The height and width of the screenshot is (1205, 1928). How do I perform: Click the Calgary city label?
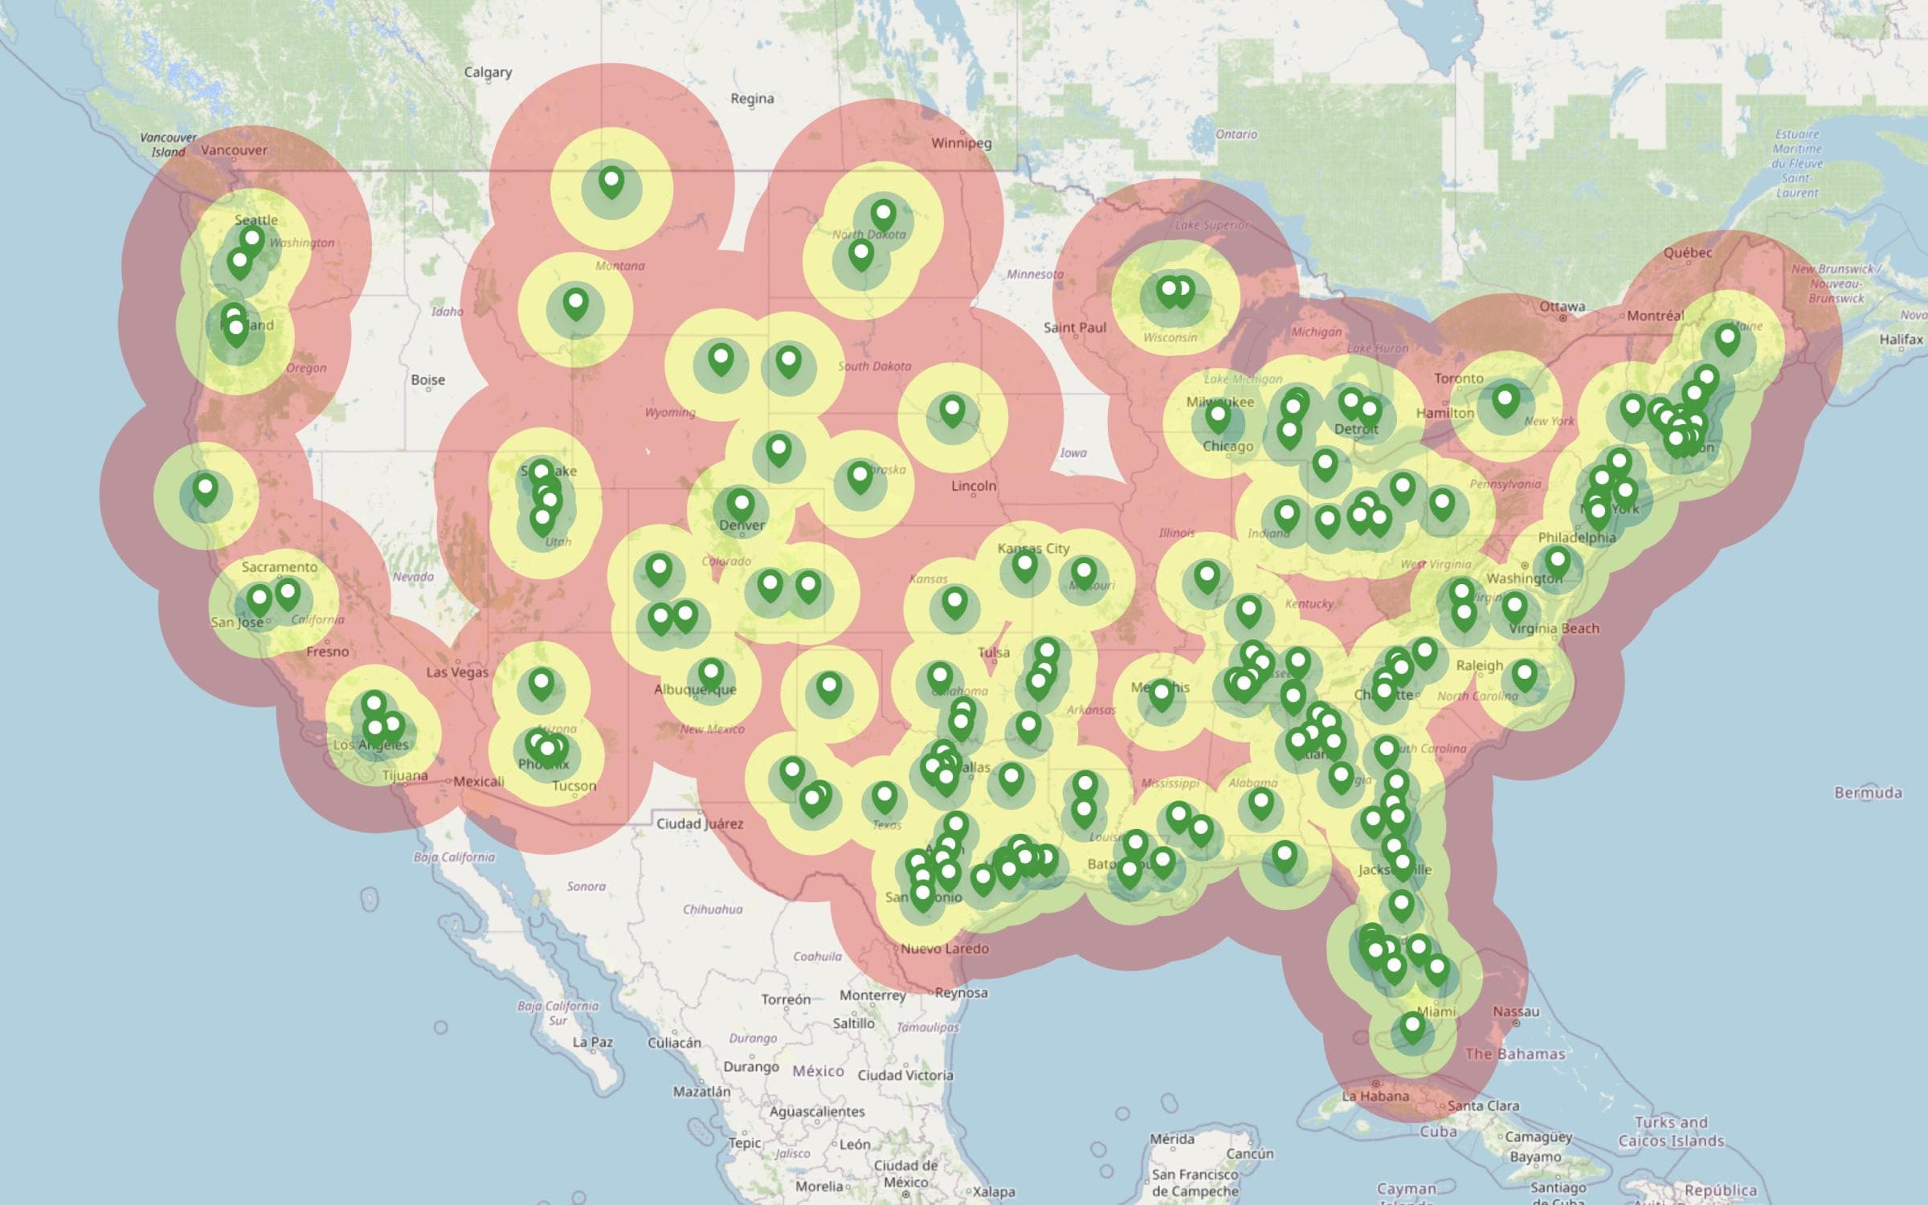point(488,72)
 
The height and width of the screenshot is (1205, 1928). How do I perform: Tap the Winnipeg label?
point(962,143)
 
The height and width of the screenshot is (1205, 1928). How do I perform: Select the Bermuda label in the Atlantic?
point(1868,793)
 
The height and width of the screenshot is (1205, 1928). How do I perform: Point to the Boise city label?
point(427,379)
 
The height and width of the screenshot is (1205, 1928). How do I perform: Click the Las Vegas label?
point(457,672)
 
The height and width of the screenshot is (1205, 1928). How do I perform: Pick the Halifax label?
point(1901,340)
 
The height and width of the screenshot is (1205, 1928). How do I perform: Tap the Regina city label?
point(752,99)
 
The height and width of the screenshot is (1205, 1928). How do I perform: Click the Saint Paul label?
point(1075,327)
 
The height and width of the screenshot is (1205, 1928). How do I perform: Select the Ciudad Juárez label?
point(700,823)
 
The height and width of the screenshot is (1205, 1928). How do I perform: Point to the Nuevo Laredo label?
point(944,948)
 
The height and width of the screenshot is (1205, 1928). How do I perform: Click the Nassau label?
point(1516,1012)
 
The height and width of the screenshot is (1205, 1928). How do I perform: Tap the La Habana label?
point(1375,1096)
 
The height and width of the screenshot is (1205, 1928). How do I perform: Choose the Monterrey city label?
point(872,995)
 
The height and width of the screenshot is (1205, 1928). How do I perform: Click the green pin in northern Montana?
point(611,182)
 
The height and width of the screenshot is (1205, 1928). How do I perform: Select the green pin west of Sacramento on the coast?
point(206,488)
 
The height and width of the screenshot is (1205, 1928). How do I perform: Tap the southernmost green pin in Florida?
point(1412,1027)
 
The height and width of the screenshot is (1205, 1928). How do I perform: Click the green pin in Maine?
point(1727,338)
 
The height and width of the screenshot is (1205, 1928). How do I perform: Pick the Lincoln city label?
point(974,486)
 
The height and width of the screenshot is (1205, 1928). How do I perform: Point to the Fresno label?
point(327,652)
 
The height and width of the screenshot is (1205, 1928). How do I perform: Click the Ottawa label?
point(1562,307)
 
